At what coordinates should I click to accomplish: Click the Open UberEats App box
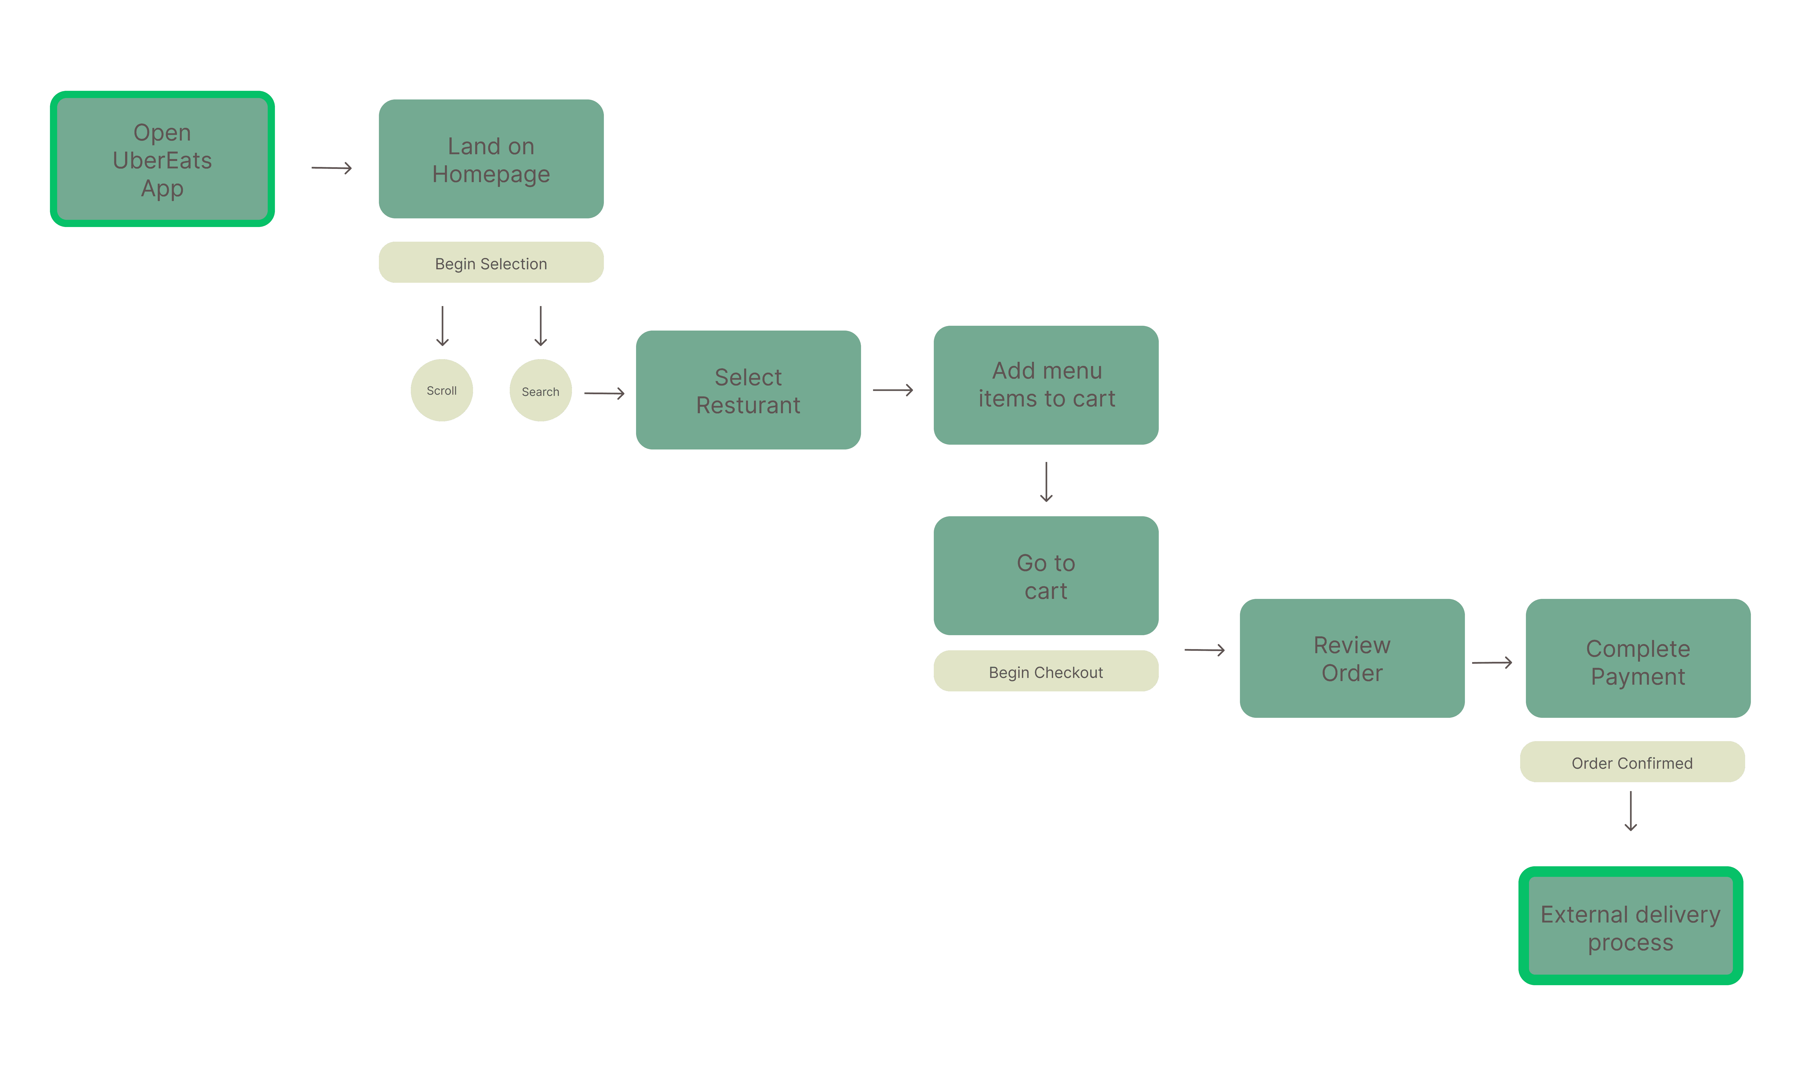tap(162, 159)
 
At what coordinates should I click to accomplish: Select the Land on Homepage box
tap(491, 159)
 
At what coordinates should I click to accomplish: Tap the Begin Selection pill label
tap(491, 263)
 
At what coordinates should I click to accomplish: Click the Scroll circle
tap(442, 390)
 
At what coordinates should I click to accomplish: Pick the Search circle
tap(540, 390)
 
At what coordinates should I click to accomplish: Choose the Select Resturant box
tap(748, 390)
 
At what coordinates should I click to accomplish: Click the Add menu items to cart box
tap(1046, 385)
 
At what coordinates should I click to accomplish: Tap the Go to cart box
tap(1046, 576)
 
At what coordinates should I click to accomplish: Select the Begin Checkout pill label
tap(1046, 671)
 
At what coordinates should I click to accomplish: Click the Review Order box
tap(1352, 658)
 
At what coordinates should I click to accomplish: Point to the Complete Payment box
tap(1638, 658)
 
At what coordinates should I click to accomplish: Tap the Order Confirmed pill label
tap(1633, 761)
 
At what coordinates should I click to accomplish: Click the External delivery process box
tap(1631, 926)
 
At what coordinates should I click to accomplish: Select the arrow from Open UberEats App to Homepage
tap(332, 168)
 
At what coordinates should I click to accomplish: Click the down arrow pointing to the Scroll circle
tap(443, 326)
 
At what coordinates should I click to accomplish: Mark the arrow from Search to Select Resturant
tap(604, 393)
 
